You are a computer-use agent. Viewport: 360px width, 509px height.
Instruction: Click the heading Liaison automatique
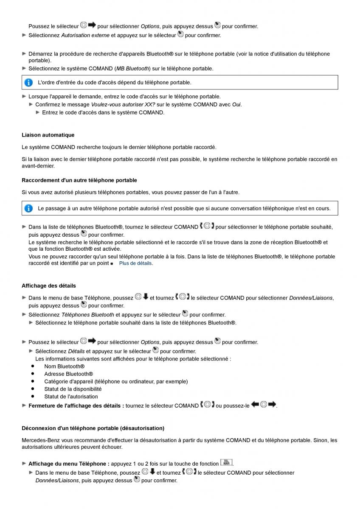48,135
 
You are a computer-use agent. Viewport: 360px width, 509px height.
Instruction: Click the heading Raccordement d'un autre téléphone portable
79,180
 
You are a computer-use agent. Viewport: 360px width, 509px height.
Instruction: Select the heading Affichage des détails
49,285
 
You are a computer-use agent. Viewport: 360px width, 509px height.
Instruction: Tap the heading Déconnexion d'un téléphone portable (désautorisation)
93,428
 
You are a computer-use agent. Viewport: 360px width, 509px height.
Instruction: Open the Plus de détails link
135,263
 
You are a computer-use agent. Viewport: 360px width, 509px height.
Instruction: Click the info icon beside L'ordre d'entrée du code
28,82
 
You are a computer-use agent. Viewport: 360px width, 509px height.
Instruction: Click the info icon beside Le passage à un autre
28,208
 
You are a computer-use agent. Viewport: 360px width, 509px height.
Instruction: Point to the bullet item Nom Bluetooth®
64,366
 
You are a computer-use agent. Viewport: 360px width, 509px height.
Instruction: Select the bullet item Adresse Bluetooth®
68,374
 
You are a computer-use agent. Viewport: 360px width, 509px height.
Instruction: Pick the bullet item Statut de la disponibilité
73,389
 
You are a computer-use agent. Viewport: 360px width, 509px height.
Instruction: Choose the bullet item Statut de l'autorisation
71,397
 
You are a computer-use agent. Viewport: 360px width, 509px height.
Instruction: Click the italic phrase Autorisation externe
85,36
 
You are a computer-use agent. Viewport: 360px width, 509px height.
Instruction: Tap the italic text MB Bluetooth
132,69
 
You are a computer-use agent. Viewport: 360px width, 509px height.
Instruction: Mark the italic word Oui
236,105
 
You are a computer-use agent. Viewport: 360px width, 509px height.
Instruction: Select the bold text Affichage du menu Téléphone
69,464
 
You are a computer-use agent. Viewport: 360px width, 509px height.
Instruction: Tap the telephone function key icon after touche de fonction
226,463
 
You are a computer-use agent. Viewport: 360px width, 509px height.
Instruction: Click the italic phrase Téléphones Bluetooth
87,315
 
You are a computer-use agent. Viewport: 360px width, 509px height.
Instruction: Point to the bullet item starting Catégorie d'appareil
115,381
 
